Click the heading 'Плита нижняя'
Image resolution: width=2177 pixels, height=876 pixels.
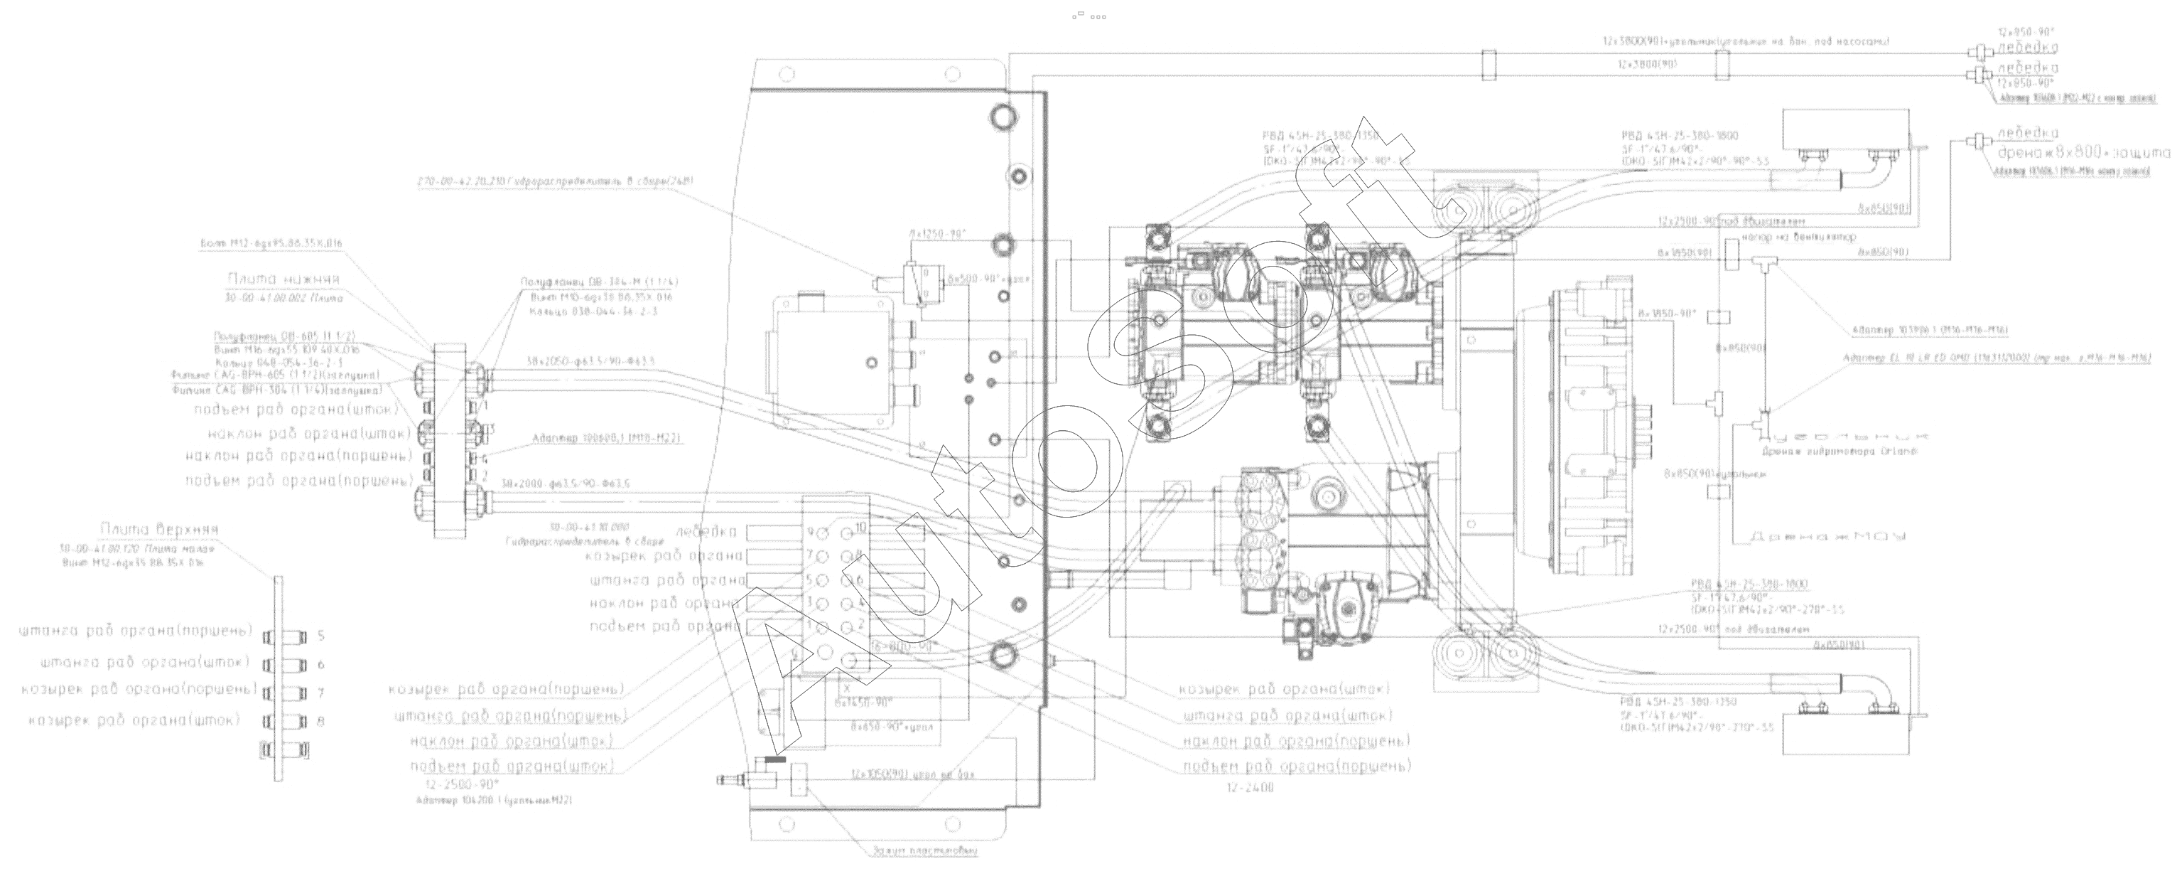coord(283,280)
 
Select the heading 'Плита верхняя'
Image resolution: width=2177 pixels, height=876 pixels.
coord(159,530)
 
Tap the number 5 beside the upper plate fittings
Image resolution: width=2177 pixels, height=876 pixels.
coord(321,636)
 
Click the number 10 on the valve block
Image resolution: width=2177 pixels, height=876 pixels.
coord(861,528)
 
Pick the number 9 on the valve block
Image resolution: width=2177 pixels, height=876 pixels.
coord(809,532)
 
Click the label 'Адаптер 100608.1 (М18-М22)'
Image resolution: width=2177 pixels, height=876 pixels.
coord(607,439)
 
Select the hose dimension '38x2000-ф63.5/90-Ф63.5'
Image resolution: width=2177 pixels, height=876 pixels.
coord(566,484)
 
